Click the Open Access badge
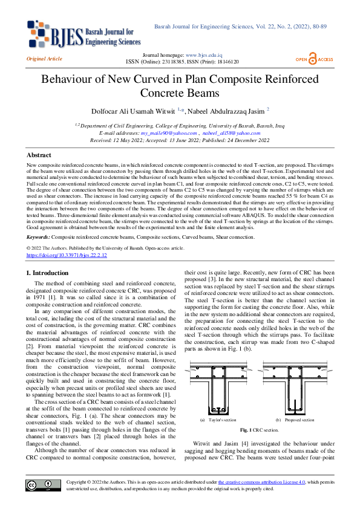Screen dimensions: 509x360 (314, 59)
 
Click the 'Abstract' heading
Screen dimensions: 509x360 (39, 155)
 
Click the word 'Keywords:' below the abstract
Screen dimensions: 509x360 (39, 237)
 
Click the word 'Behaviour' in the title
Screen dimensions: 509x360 (67, 80)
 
